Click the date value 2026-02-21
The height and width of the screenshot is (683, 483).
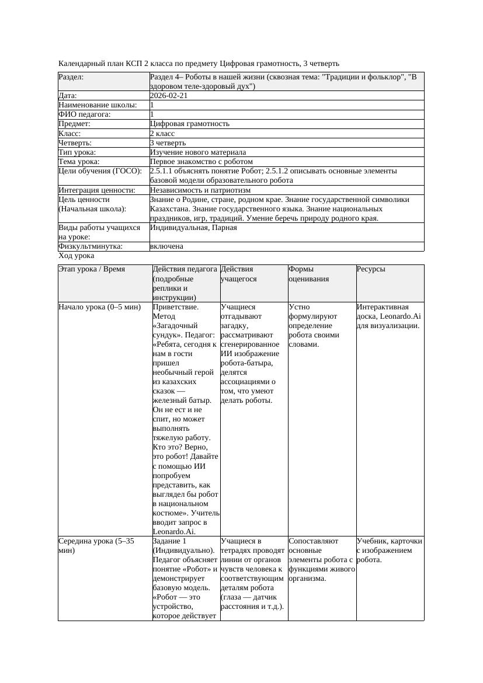(x=169, y=96)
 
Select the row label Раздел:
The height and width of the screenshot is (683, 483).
(x=71, y=77)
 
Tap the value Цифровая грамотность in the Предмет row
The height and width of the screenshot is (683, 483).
(x=190, y=124)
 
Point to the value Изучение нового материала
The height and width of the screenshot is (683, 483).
(x=198, y=152)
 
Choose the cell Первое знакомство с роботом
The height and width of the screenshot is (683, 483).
(x=201, y=161)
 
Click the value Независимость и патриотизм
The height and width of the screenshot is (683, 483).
(x=200, y=190)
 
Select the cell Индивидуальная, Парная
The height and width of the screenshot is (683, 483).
(x=193, y=228)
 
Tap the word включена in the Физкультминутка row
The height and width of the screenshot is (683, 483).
(x=166, y=246)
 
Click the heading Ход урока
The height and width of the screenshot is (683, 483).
(x=77, y=256)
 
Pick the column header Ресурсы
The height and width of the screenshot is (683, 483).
(x=371, y=269)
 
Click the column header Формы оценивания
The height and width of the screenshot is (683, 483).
(x=309, y=274)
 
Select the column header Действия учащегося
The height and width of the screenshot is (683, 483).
(x=237, y=274)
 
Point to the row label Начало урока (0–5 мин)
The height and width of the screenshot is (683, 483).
(x=100, y=306)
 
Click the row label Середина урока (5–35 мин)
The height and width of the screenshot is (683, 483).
(x=96, y=545)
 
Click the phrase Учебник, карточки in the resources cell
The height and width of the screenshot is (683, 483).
(x=389, y=541)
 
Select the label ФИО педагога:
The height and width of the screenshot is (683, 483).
(x=85, y=114)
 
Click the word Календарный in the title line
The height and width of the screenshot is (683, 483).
(x=81, y=63)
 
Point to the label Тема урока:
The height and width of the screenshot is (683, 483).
(x=79, y=161)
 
